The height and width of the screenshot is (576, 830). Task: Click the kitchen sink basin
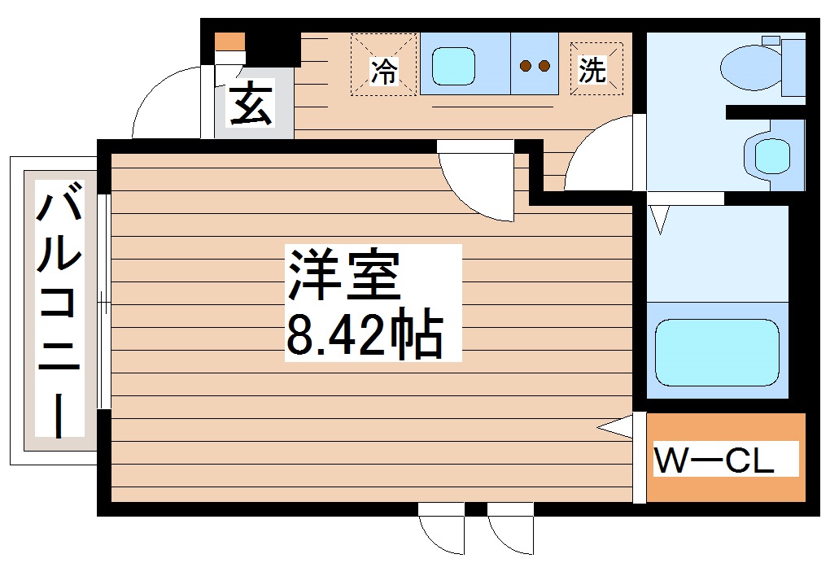pos(453,65)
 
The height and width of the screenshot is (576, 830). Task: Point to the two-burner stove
pos(535,65)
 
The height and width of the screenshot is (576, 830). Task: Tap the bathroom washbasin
pos(768,154)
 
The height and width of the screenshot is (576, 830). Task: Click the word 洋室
pos(342,274)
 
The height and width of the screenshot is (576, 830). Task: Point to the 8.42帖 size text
pos(364,335)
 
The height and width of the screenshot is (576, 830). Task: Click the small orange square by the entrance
pos(229,40)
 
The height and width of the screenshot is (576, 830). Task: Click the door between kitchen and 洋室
pos(476,183)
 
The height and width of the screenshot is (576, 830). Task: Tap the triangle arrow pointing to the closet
pos(616,427)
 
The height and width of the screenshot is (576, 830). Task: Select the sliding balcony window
pos(103,301)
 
